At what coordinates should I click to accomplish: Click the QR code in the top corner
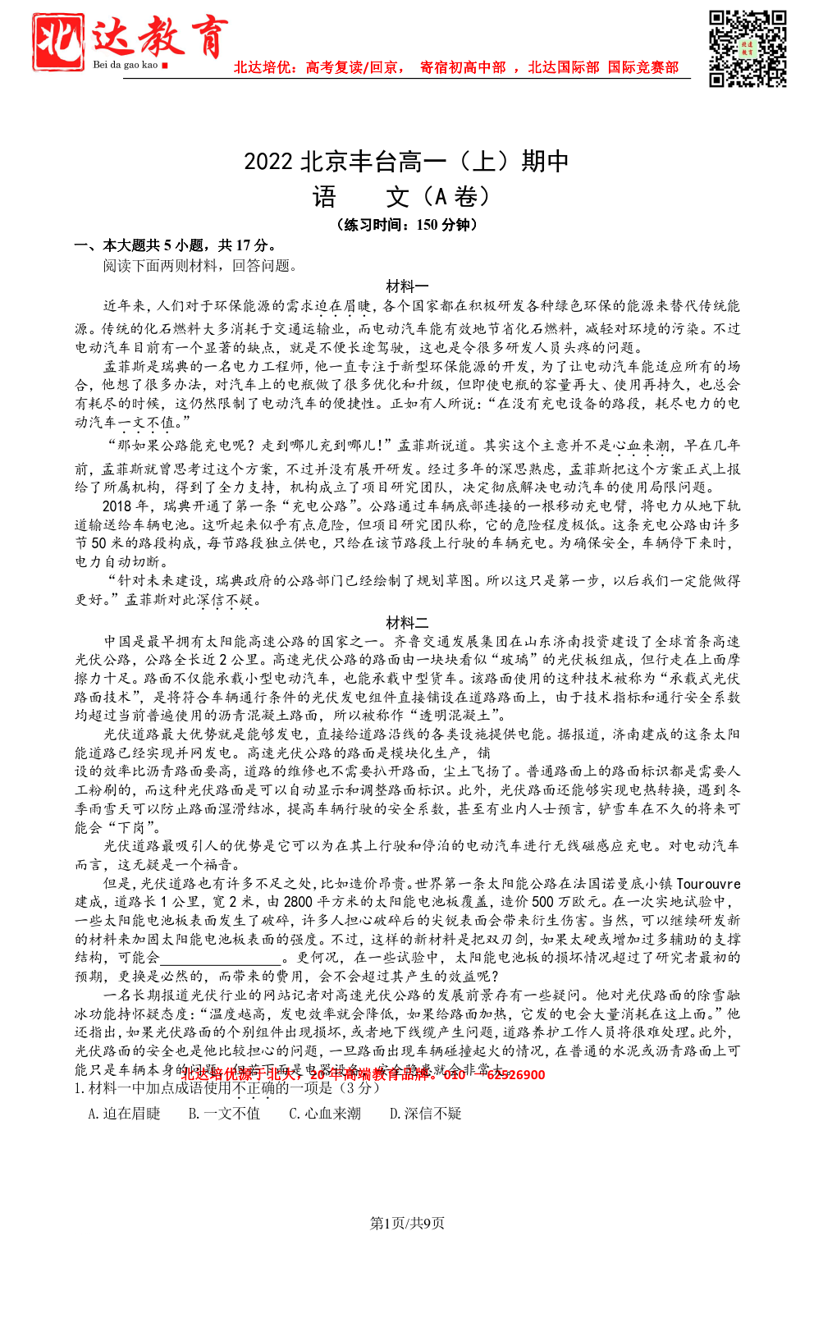(748, 48)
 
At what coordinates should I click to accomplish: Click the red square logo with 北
(58, 40)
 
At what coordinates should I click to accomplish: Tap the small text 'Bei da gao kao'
(125, 65)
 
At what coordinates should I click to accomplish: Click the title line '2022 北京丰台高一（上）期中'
(406, 161)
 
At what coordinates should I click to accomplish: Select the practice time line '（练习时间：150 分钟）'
(407, 225)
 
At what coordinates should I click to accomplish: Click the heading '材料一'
(407, 286)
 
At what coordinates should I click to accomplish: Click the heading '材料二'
(407, 622)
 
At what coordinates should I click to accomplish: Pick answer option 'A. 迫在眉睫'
(124, 1114)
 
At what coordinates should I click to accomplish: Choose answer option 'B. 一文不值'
(224, 1114)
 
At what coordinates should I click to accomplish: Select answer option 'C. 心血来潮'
(325, 1114)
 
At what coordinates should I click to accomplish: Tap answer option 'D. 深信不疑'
(425, 1114)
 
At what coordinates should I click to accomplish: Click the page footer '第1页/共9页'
(407, 1224)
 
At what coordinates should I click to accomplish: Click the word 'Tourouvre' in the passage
(709, 884)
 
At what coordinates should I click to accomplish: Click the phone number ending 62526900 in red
(515, 1075)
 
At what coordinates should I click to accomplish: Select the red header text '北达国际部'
(563, 67)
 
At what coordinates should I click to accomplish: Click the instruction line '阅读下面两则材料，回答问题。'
(200, 266)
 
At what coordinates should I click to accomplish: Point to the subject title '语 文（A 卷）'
(402, 197)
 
